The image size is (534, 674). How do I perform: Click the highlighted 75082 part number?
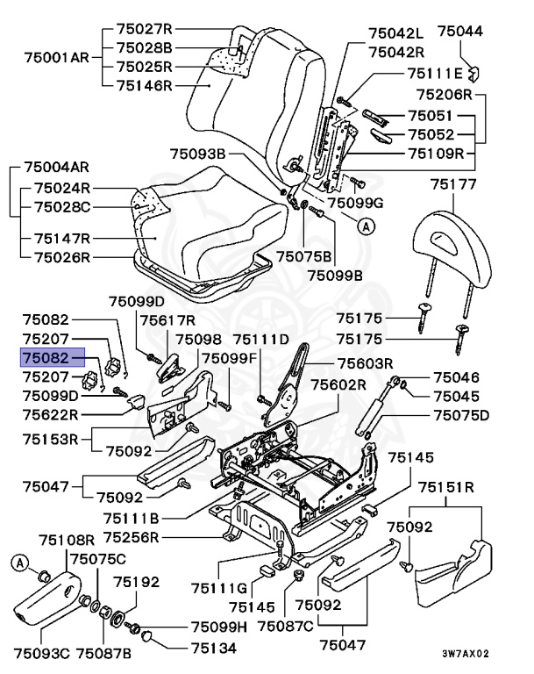[53, 358]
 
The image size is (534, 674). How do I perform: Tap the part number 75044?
[459, 32]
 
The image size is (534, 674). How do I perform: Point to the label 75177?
[452, 184]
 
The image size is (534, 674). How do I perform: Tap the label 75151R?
[446, 487]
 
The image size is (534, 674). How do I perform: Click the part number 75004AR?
[56, 167]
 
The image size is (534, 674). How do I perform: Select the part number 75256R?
[131, 537]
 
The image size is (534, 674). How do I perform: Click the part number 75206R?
[444, 94]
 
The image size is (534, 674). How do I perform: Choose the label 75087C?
[316, 626]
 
